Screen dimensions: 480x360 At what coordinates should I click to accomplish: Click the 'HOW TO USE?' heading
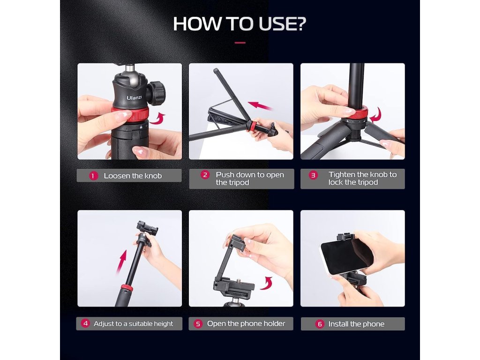(240, 23)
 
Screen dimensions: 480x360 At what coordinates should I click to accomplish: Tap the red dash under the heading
(240, 43)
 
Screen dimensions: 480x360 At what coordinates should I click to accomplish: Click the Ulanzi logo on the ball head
(134, 97)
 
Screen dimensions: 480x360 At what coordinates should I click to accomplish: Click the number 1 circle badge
(93, 176)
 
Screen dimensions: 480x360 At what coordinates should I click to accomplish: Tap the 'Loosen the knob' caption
(133, 176)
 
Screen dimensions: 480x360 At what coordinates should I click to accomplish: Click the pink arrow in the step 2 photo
(260, 106)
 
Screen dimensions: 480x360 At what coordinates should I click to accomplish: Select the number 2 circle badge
(205, 175)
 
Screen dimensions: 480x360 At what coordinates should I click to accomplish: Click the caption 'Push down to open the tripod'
(250, 179)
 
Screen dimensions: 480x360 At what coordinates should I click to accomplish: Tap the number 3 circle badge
(313, 175)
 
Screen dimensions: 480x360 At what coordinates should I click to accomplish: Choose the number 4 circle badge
(85, 323)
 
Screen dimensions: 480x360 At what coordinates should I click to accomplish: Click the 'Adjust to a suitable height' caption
(133, 323)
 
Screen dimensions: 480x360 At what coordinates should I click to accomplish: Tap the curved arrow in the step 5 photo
(266, 283)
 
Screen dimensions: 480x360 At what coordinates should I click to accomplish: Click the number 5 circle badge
(198, 323)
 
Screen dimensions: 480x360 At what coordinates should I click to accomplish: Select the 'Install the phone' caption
(356, 324)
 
